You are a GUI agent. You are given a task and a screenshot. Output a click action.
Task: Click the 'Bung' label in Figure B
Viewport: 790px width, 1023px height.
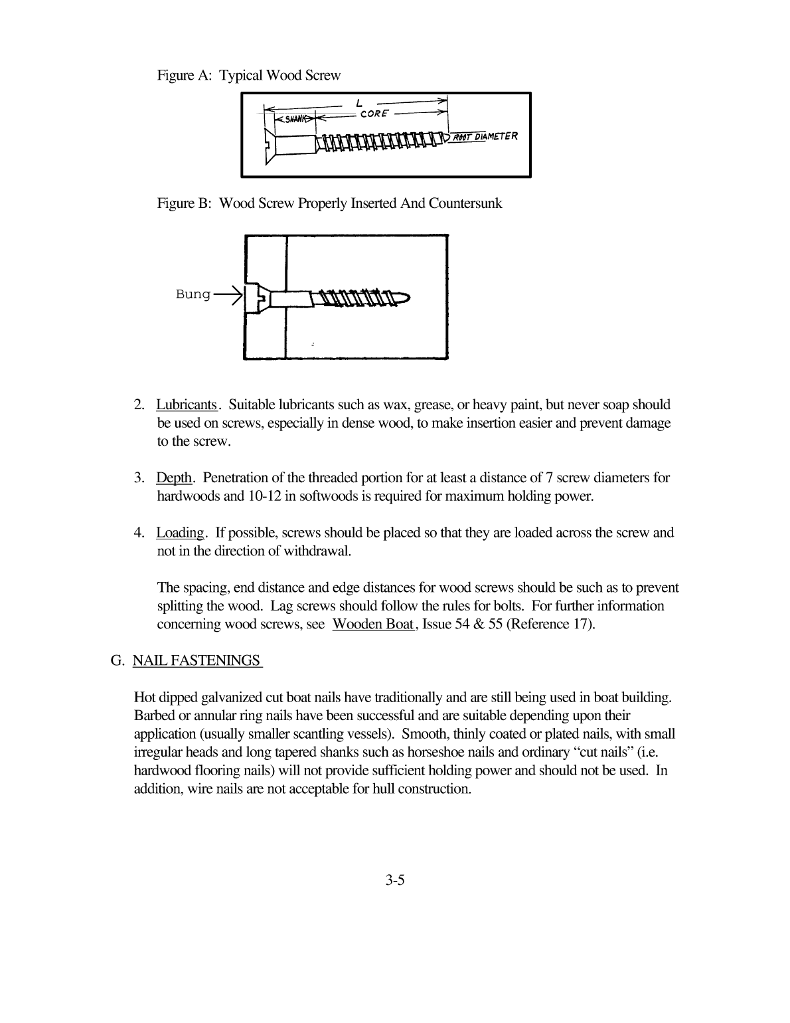click(193, 294)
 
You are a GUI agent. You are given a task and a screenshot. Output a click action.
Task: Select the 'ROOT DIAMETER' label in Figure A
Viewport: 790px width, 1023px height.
click(485, 137)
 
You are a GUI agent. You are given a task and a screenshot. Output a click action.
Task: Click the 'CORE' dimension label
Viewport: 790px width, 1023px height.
click(374, 114)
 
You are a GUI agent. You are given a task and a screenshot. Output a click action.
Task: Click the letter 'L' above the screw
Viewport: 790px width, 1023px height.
click(358, 103)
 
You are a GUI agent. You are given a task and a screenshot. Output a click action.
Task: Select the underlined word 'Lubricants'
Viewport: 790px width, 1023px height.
click(187, 405)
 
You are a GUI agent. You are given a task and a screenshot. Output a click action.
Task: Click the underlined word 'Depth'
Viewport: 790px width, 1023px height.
click(174, 478)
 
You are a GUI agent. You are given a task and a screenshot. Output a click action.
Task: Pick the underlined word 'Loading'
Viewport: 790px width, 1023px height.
click(181, 533)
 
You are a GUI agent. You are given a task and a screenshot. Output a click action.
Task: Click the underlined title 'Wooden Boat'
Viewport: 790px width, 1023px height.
click(373, 624)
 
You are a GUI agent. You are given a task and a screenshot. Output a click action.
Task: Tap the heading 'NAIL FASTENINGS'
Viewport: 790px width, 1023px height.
click(197, 660)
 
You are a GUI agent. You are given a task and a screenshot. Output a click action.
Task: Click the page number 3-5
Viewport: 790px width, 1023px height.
click(394, 881)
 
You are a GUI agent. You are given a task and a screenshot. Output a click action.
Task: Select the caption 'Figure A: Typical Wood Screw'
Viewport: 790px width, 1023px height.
click(248, 75)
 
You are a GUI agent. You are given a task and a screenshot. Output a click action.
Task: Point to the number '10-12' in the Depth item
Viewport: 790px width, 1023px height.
click(266, 496)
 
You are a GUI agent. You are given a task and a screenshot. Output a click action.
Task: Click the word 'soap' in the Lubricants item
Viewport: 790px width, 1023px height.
click(614, 405)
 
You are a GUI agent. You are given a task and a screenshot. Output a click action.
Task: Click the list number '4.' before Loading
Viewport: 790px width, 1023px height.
click(139, 533)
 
